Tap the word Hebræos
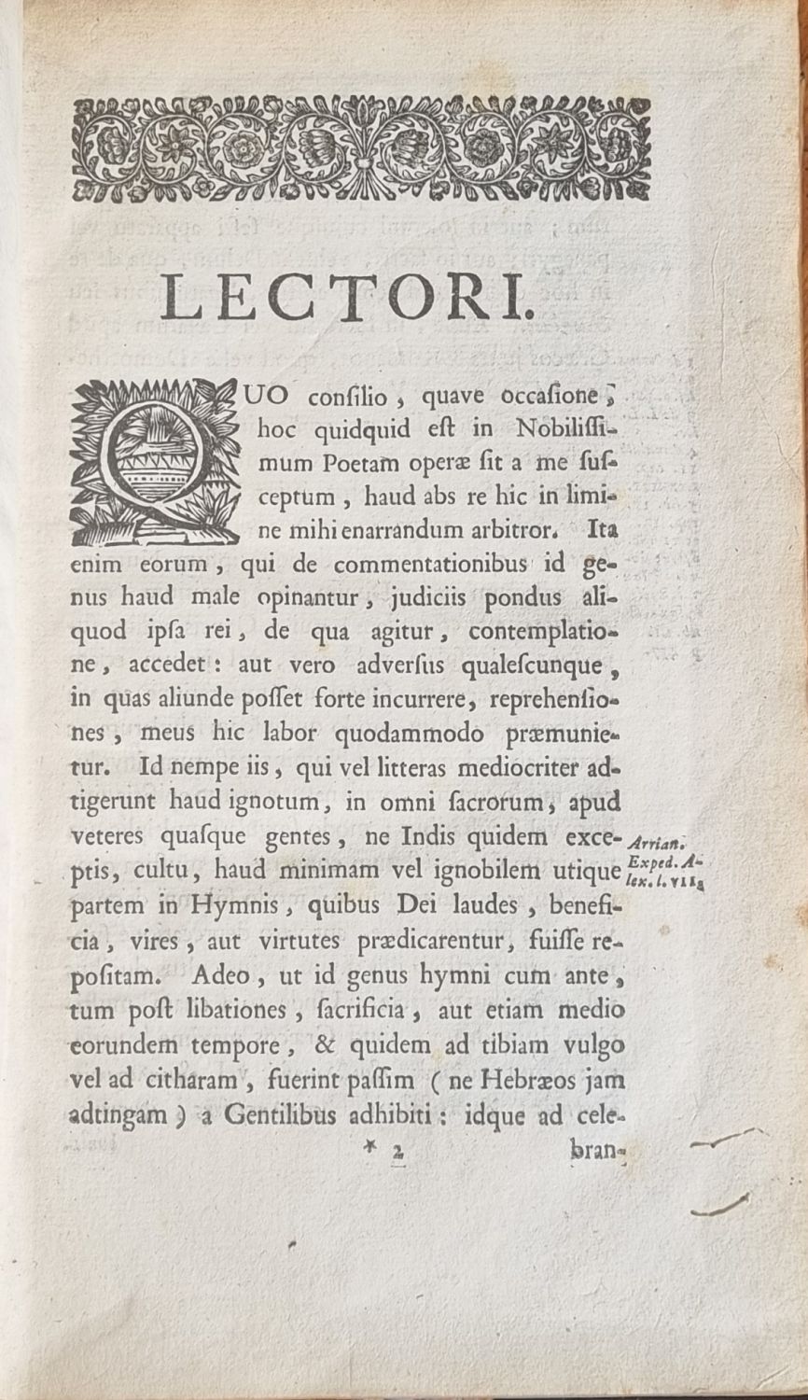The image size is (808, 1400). pos(523,1081)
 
